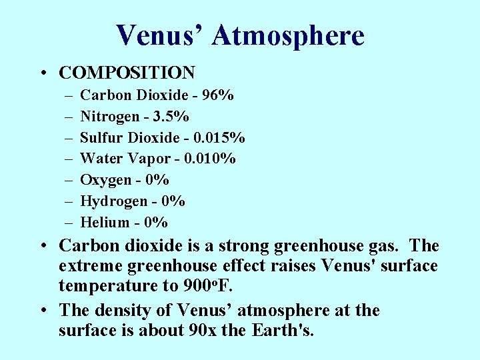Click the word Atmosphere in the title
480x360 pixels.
288,35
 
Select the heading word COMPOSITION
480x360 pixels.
127,73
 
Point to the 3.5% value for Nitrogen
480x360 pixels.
171,117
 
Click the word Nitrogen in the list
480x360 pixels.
108,117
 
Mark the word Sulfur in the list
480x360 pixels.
99,138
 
